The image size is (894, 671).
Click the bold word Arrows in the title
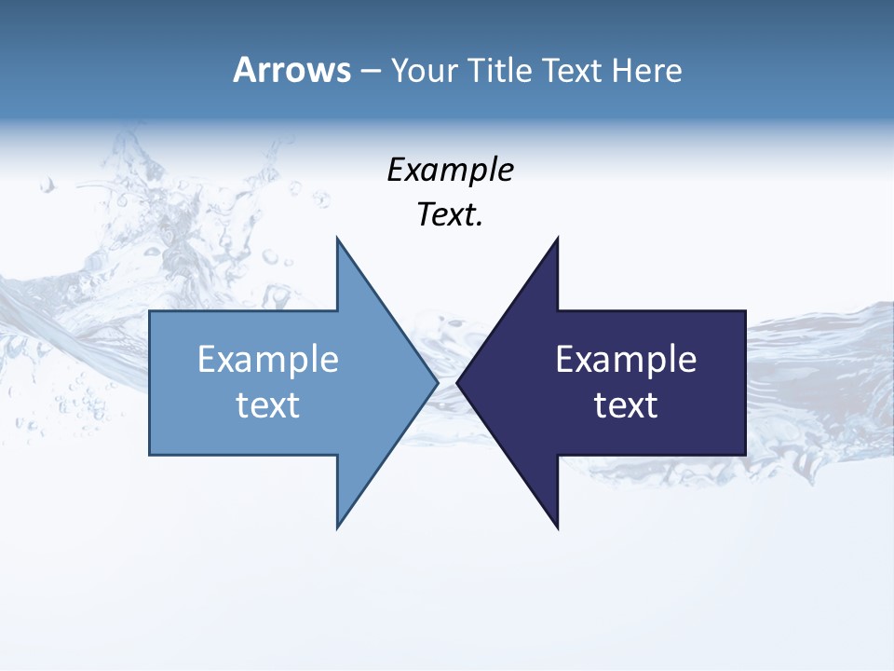[x=291, y=70]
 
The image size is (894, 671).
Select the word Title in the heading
[x=500, y=71]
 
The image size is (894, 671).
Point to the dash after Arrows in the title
[x=370, y=72]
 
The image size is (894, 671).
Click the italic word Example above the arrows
[x=451, y=171]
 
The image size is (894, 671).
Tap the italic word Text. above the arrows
[x=451, y=215]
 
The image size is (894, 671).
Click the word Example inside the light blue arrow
[x=268, y=360]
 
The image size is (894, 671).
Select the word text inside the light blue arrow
[x=268, y=405]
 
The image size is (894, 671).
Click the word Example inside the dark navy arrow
[x=626, y=360]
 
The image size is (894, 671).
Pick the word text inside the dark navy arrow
[x=626, y=405]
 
